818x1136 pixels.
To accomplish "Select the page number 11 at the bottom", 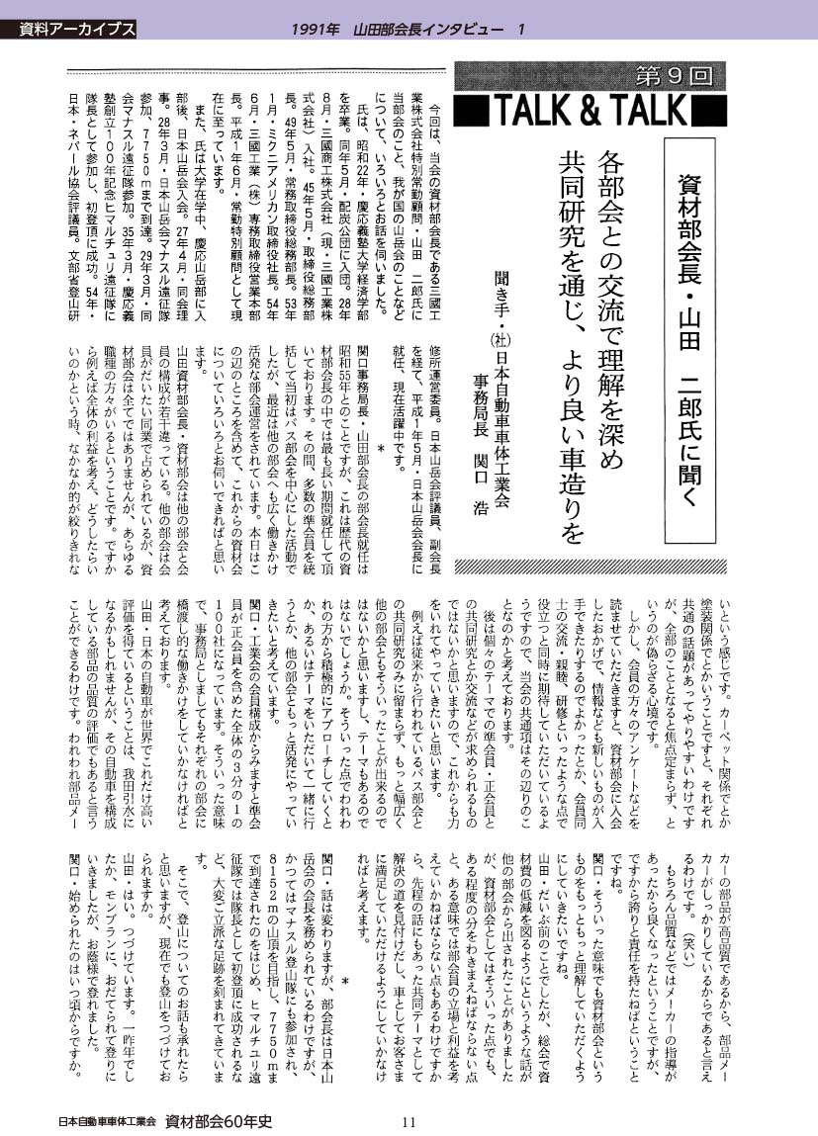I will (x=409, y=1121).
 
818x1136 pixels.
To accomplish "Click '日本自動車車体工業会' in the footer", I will (x=106, y=1121).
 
